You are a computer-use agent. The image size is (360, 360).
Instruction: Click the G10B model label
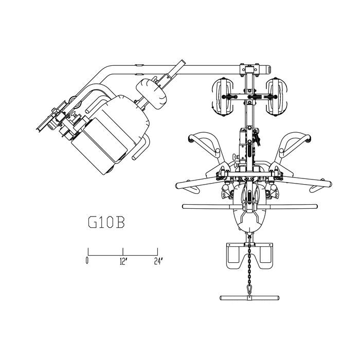click(106, 223)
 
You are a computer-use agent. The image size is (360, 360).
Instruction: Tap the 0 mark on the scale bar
click(87, 261)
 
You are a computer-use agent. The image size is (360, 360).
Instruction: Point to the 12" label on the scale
click(123, 261)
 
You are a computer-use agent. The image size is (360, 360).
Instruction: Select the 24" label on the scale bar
click(158, 261)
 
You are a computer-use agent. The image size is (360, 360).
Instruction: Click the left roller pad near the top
click(223, 97)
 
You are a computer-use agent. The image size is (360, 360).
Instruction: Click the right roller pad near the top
click(277, 97)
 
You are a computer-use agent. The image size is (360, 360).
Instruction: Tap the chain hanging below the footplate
click(249, 264)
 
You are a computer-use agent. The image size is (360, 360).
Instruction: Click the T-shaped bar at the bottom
click(250, 298)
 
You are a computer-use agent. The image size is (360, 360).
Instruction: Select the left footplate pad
click(233, 256)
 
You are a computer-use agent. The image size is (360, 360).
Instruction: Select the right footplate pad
click(266, 256)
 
